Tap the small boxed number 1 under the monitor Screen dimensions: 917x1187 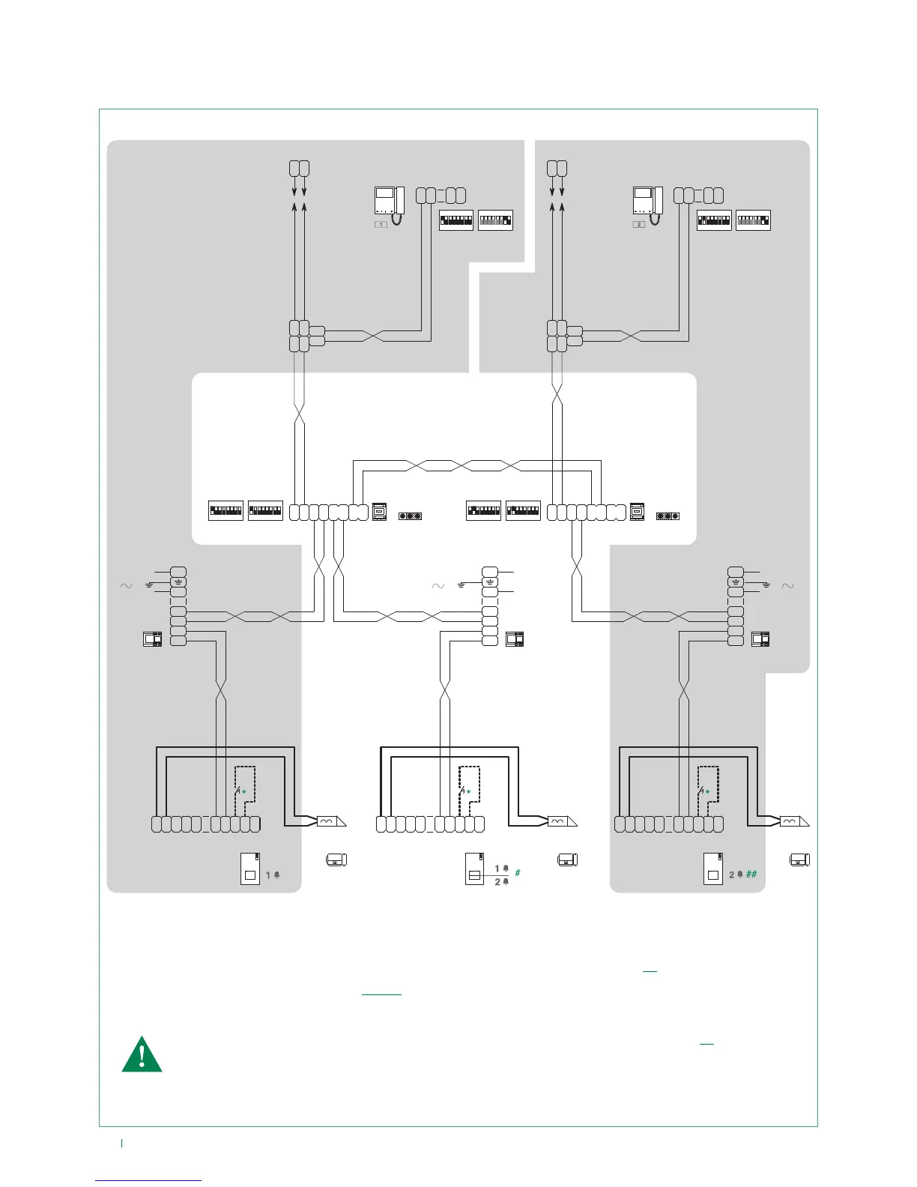coord(381,224)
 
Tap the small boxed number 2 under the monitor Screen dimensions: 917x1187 coord(639,224)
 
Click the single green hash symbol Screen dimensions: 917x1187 coord(518,873)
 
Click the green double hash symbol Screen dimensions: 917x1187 coord(751,874)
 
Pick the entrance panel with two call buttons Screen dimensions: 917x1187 coord(475,869)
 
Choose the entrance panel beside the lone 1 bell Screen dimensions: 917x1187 coord(250,869)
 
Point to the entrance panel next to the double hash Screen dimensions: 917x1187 coord(712,869)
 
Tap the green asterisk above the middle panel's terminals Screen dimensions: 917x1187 coord(469,791)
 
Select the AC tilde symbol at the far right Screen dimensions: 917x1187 coord(787,586)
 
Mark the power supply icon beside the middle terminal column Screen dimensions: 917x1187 coord(515,639)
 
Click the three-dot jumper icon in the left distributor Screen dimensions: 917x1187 coord(410,516)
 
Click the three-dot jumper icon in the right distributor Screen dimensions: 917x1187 coord(667,516)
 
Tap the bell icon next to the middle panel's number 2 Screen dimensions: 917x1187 coord(506,882)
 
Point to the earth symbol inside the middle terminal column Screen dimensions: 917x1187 coord(489,582)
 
